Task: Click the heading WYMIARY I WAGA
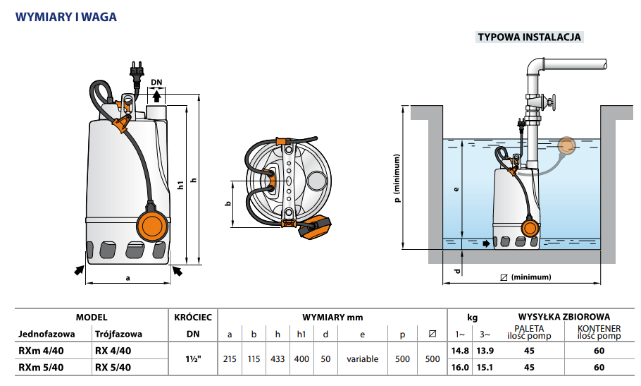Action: point(66,16)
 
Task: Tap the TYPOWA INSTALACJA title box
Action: point(530,37)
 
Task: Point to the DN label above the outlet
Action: point(156,83)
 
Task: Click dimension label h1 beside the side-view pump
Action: point(180,186)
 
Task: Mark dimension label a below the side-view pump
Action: point(128,277)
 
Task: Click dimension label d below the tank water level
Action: point(457,271)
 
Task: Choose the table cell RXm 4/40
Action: point(41,351)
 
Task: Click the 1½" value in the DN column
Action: point(191,359)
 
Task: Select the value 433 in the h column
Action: point(278,359)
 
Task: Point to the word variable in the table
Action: point(362,359)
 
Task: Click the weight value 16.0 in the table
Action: point(460,367)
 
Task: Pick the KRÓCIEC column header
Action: point(192,318)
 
